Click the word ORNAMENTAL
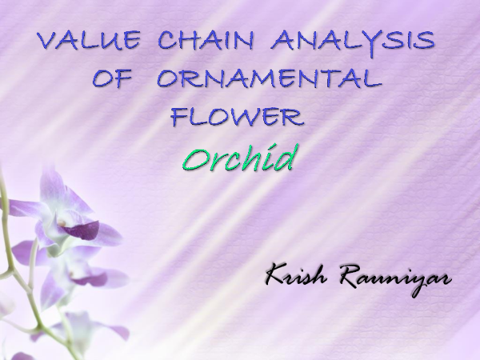[268, 79]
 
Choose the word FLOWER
[238, 118]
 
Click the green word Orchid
[238, 158]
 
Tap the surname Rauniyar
[397, 279]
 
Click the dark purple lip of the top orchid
[82, 230]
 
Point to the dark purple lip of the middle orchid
[90, 279]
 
